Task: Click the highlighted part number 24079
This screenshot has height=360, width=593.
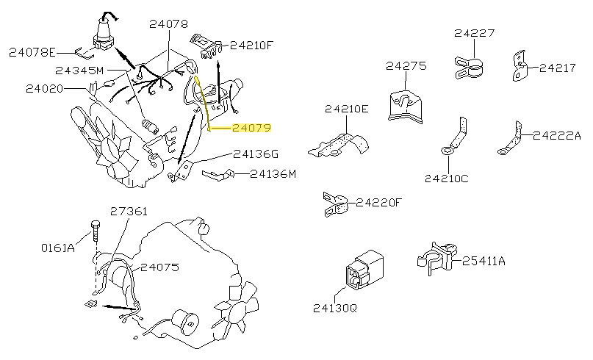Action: click(251, 128)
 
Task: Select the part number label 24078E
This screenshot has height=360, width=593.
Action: click(32, 52)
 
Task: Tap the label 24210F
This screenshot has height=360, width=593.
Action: click(251, 45)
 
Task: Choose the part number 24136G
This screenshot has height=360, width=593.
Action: click(256, 154)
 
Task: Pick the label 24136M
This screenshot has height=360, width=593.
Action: click(273, 174)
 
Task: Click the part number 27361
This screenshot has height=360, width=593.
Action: click(129, 212)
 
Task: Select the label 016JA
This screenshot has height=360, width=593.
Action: click(57, 248)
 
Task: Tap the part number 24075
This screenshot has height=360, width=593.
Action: click(159, 267)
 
